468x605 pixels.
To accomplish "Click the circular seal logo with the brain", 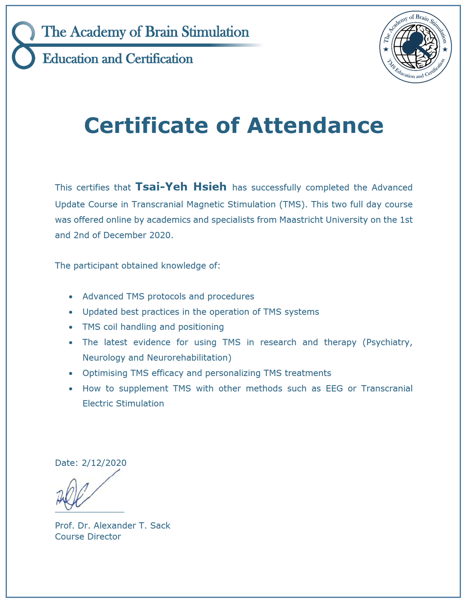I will [x=415, y=48].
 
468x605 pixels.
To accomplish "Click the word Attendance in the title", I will [x=315, y=125].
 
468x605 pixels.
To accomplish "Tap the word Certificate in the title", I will [x=146, y=125].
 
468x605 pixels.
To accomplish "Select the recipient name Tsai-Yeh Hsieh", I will [x=181, y=187].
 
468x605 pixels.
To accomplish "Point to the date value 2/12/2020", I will [x=104, y=463].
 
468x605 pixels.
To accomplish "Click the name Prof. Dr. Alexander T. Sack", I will [x=113, y=526].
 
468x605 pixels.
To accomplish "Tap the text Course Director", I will [x=88, y=536].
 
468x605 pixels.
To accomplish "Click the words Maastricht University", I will [x=323, y=220].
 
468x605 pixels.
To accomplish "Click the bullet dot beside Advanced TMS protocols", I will [x=71, y=297].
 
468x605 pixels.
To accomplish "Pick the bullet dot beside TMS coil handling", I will [x=71, y=327].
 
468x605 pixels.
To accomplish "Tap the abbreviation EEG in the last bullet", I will [x=334, y=388].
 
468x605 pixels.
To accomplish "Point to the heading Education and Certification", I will [x=118, y=59].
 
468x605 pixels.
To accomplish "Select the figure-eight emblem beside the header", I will [x=23, y=46].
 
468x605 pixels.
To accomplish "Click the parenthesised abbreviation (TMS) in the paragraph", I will [x=291, y=204].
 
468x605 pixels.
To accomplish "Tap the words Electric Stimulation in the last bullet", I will [x=123, y=404].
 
